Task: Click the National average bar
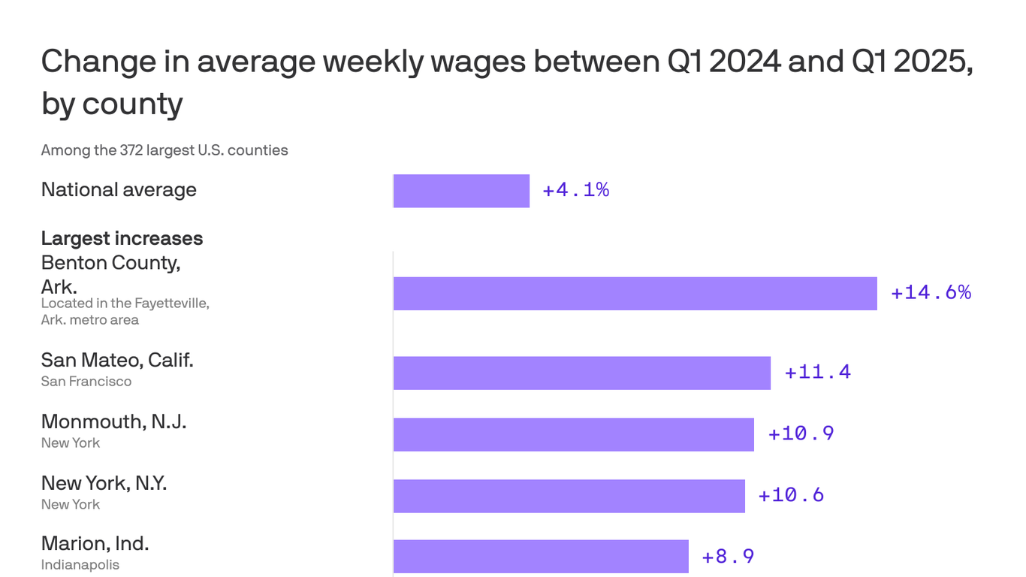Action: click(x=461, y=191)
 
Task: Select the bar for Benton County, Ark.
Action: click(x=635, y=293)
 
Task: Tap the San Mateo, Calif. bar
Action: click(x=581, y=373)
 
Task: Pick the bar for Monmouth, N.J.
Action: click(x=573, y=434)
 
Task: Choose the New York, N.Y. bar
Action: click(x=569, y=496)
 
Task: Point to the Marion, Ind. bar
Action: click(x=541, y=557)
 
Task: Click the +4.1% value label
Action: click(x=575, y=191)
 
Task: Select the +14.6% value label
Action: click(x=931, y=293)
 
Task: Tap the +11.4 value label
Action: click(x=817, y=373)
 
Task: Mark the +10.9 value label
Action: click(x=801, y=434)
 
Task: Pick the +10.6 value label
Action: click(x=791, y=496)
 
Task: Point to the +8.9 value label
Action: click(x=727, y=557)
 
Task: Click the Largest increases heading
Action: click(x=122, y=239)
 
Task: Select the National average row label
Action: click(x=119, y=190)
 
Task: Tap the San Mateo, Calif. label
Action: click(x=117, y=361)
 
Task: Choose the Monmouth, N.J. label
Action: click(x=113, y=422)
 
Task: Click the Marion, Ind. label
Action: click(x=95, y=544)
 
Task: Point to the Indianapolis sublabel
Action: click(x=80, y=565)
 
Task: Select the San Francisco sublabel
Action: click(x=86, y=382)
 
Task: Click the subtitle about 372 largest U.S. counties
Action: click(x=164, y=150)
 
